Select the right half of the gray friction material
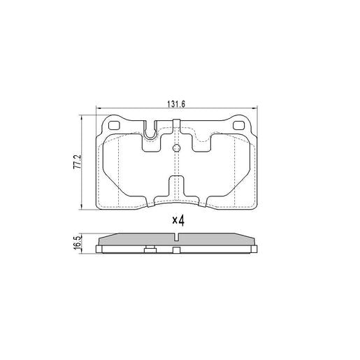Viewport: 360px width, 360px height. (x=217, y=240)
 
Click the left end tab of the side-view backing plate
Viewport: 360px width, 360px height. (x=100, y=248)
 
